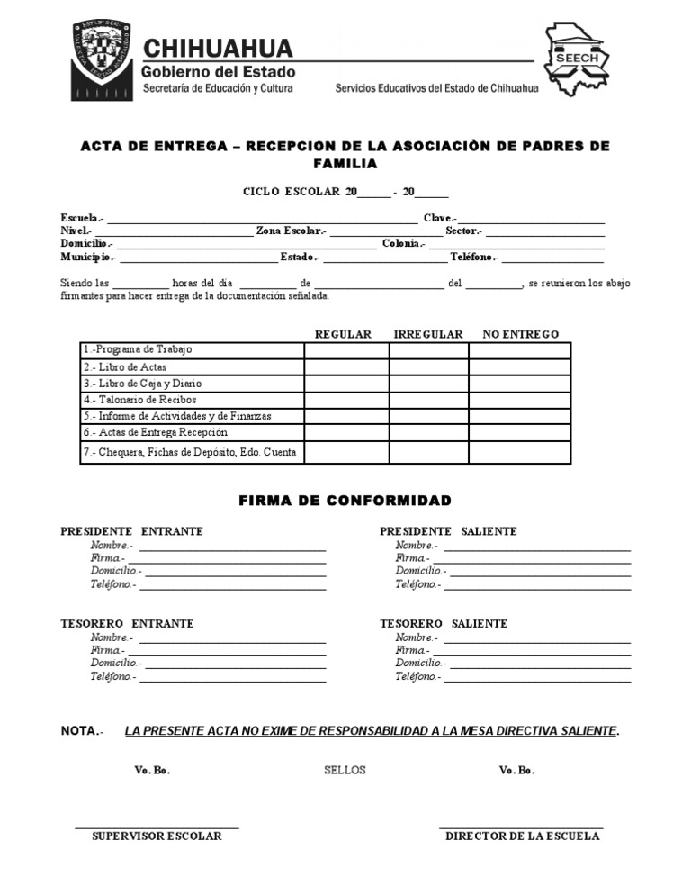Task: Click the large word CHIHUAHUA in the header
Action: tap(218, 48)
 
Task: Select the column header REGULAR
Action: tap(343, 334)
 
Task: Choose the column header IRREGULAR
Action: tap(428, 334)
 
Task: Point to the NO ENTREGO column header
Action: tap(521, 334)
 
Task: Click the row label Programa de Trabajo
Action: tap(138, 349)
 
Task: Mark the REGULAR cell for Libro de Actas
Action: tap(346, 366)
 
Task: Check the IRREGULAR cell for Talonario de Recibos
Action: tap(428, 400)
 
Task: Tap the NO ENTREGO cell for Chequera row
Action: tap(519, 452)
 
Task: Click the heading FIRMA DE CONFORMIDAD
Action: tap(345, 501)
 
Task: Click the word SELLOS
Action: tap(345, 771)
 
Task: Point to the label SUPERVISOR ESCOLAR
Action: tap(157, 836)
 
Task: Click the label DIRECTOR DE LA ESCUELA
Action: tap(522, 836)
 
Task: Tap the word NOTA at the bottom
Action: tap(79, 731)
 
